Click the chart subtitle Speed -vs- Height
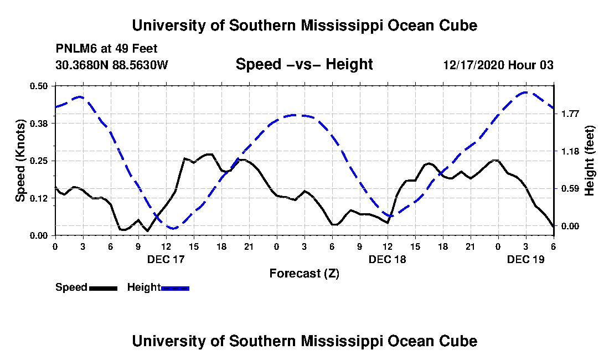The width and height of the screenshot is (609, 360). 304,64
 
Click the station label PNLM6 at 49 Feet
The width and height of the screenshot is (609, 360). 106,49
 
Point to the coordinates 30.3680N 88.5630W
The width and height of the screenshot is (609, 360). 112,65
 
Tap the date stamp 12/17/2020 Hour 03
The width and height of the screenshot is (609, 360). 498,65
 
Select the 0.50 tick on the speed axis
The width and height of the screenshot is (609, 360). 38,86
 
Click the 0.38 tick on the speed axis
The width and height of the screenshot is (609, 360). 38,124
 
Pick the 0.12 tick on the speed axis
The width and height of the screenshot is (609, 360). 38,198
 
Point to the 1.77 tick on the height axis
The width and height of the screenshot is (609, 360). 570,114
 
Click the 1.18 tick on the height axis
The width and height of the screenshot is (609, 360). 570,151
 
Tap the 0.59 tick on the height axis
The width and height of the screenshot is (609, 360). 570,189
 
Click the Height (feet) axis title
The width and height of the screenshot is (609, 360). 589,161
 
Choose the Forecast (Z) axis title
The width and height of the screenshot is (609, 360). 304,274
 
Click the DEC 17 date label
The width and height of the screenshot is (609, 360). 166,259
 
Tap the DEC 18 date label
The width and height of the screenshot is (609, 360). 387,259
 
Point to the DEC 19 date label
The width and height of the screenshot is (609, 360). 526,259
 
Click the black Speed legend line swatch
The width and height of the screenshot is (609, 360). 104,288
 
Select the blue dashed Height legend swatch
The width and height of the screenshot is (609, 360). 175,288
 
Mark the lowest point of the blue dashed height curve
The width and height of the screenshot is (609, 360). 173,228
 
